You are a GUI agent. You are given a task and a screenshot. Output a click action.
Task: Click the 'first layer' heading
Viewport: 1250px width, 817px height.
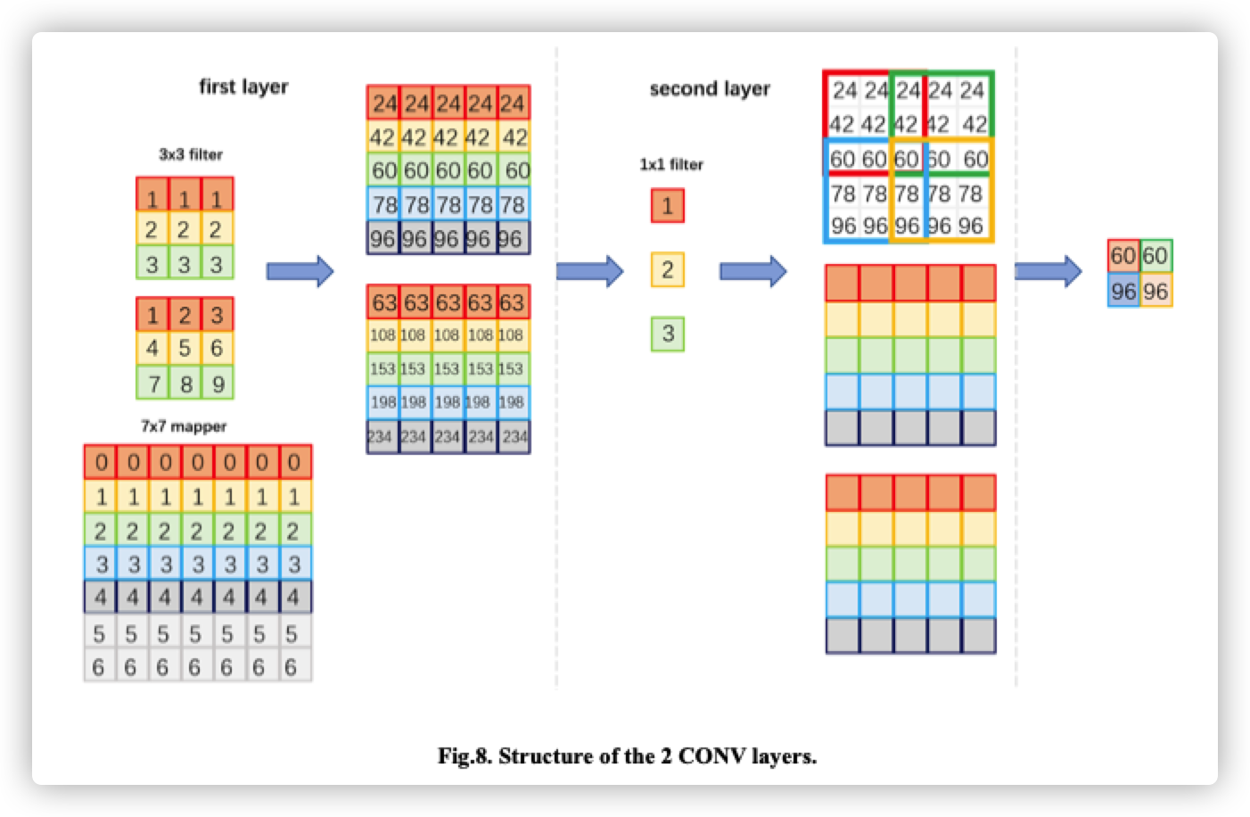243,87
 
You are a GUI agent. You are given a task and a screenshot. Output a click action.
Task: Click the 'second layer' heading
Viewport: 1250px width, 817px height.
710,88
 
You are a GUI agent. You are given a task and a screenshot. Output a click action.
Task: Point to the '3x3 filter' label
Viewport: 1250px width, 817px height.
191,154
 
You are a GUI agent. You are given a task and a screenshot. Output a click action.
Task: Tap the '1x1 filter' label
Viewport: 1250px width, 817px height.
671,164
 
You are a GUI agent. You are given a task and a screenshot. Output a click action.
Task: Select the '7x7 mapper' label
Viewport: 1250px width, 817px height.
184,426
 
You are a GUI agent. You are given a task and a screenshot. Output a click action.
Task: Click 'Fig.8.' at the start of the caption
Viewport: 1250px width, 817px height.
465,756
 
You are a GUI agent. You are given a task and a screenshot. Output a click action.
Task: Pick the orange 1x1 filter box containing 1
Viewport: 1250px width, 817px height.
668,205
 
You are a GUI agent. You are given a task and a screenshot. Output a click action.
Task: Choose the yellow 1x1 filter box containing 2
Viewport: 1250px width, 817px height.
668,269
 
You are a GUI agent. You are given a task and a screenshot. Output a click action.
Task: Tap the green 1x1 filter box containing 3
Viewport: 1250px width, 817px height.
668,334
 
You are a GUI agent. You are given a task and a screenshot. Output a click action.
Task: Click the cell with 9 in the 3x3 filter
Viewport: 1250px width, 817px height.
217,384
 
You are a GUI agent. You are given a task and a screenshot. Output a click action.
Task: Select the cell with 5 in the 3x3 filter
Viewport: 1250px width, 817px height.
185,349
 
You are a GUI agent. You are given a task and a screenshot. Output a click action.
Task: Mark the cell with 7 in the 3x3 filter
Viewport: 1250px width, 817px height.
152,384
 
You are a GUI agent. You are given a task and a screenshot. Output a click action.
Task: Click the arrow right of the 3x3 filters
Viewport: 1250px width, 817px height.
300,271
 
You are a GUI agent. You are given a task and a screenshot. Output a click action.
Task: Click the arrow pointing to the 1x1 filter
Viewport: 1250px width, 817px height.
589,270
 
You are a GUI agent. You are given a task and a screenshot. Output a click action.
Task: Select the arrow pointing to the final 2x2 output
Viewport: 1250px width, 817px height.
1048,270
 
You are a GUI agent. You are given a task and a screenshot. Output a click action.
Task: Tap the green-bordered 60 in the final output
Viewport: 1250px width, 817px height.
1155,256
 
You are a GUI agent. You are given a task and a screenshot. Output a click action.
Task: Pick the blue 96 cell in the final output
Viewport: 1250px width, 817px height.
1123,291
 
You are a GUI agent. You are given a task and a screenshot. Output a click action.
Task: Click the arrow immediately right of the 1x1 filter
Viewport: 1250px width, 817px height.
752,270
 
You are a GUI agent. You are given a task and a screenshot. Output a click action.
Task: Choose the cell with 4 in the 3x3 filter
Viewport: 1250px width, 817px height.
152,349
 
